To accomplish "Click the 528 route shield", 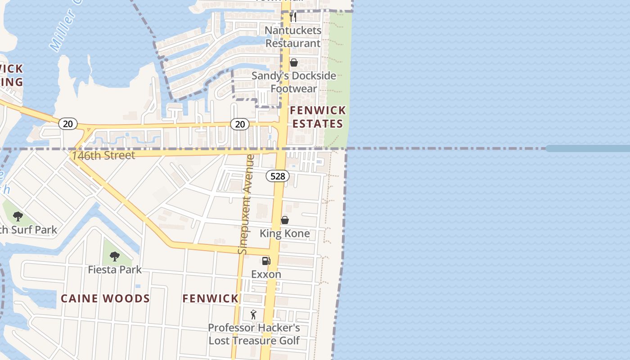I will coord(278,176).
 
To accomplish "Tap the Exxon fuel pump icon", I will coord(266,261).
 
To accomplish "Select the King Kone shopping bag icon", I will coord(285,220).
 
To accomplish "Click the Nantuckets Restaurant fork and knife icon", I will coord(293,17).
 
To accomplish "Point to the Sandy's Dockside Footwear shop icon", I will coord(294,63).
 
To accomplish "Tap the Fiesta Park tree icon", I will coord(115,256).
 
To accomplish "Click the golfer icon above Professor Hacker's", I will coord(253,314).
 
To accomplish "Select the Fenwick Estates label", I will coord(318,117).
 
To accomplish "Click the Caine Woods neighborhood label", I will coord(105,298).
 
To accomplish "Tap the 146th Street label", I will coord(103,156).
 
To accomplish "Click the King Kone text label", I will coord(285,234).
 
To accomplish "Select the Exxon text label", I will coord(266,274).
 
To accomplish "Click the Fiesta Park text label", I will coord(115,270).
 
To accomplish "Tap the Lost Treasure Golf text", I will coord(254,341).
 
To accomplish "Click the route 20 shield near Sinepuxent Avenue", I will coord(240,124).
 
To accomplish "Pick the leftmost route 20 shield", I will coord(67,123).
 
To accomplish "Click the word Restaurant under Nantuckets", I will coord(293,43).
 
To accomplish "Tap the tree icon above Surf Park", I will coord(18,216).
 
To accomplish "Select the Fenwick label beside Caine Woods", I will coord(211,298).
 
